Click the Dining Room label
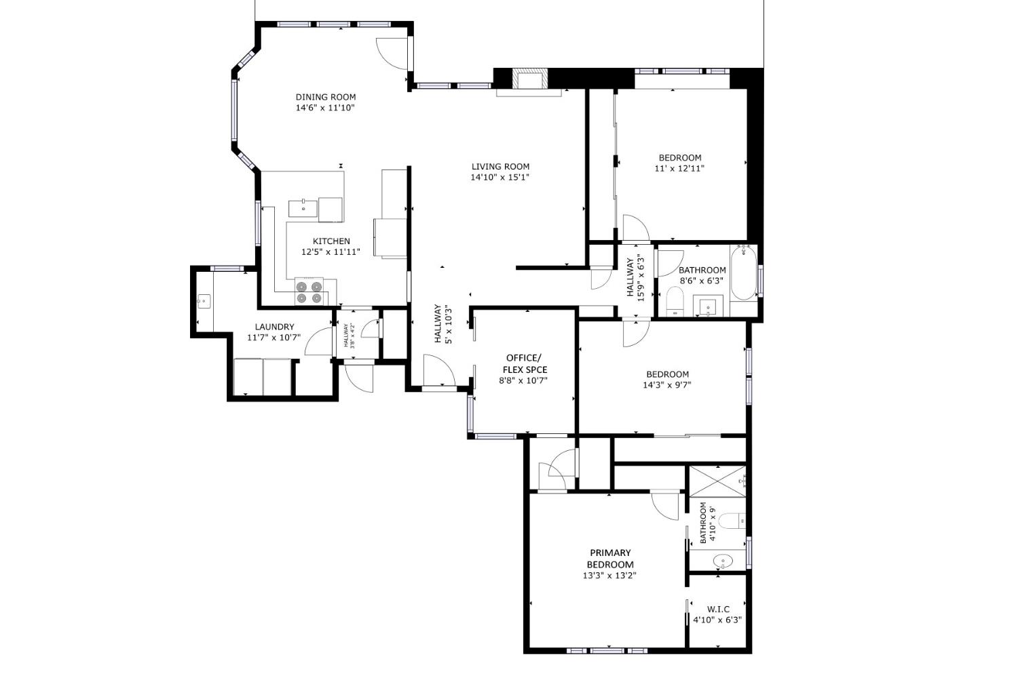coord(325,97)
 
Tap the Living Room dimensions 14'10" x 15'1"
coord(499,178)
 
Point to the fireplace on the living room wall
coord(529,80)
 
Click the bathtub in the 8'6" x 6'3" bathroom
coord(744,273)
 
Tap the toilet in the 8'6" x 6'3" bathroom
coord(675,300)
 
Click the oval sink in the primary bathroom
coord(723,561)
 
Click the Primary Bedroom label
coord(609,559)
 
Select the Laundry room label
coord(274,327)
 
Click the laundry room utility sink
coord(204,300)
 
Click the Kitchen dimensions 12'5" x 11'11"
coord(331,252)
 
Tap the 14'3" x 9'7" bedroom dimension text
coord(667,385)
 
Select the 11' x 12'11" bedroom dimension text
coord(679,168)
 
